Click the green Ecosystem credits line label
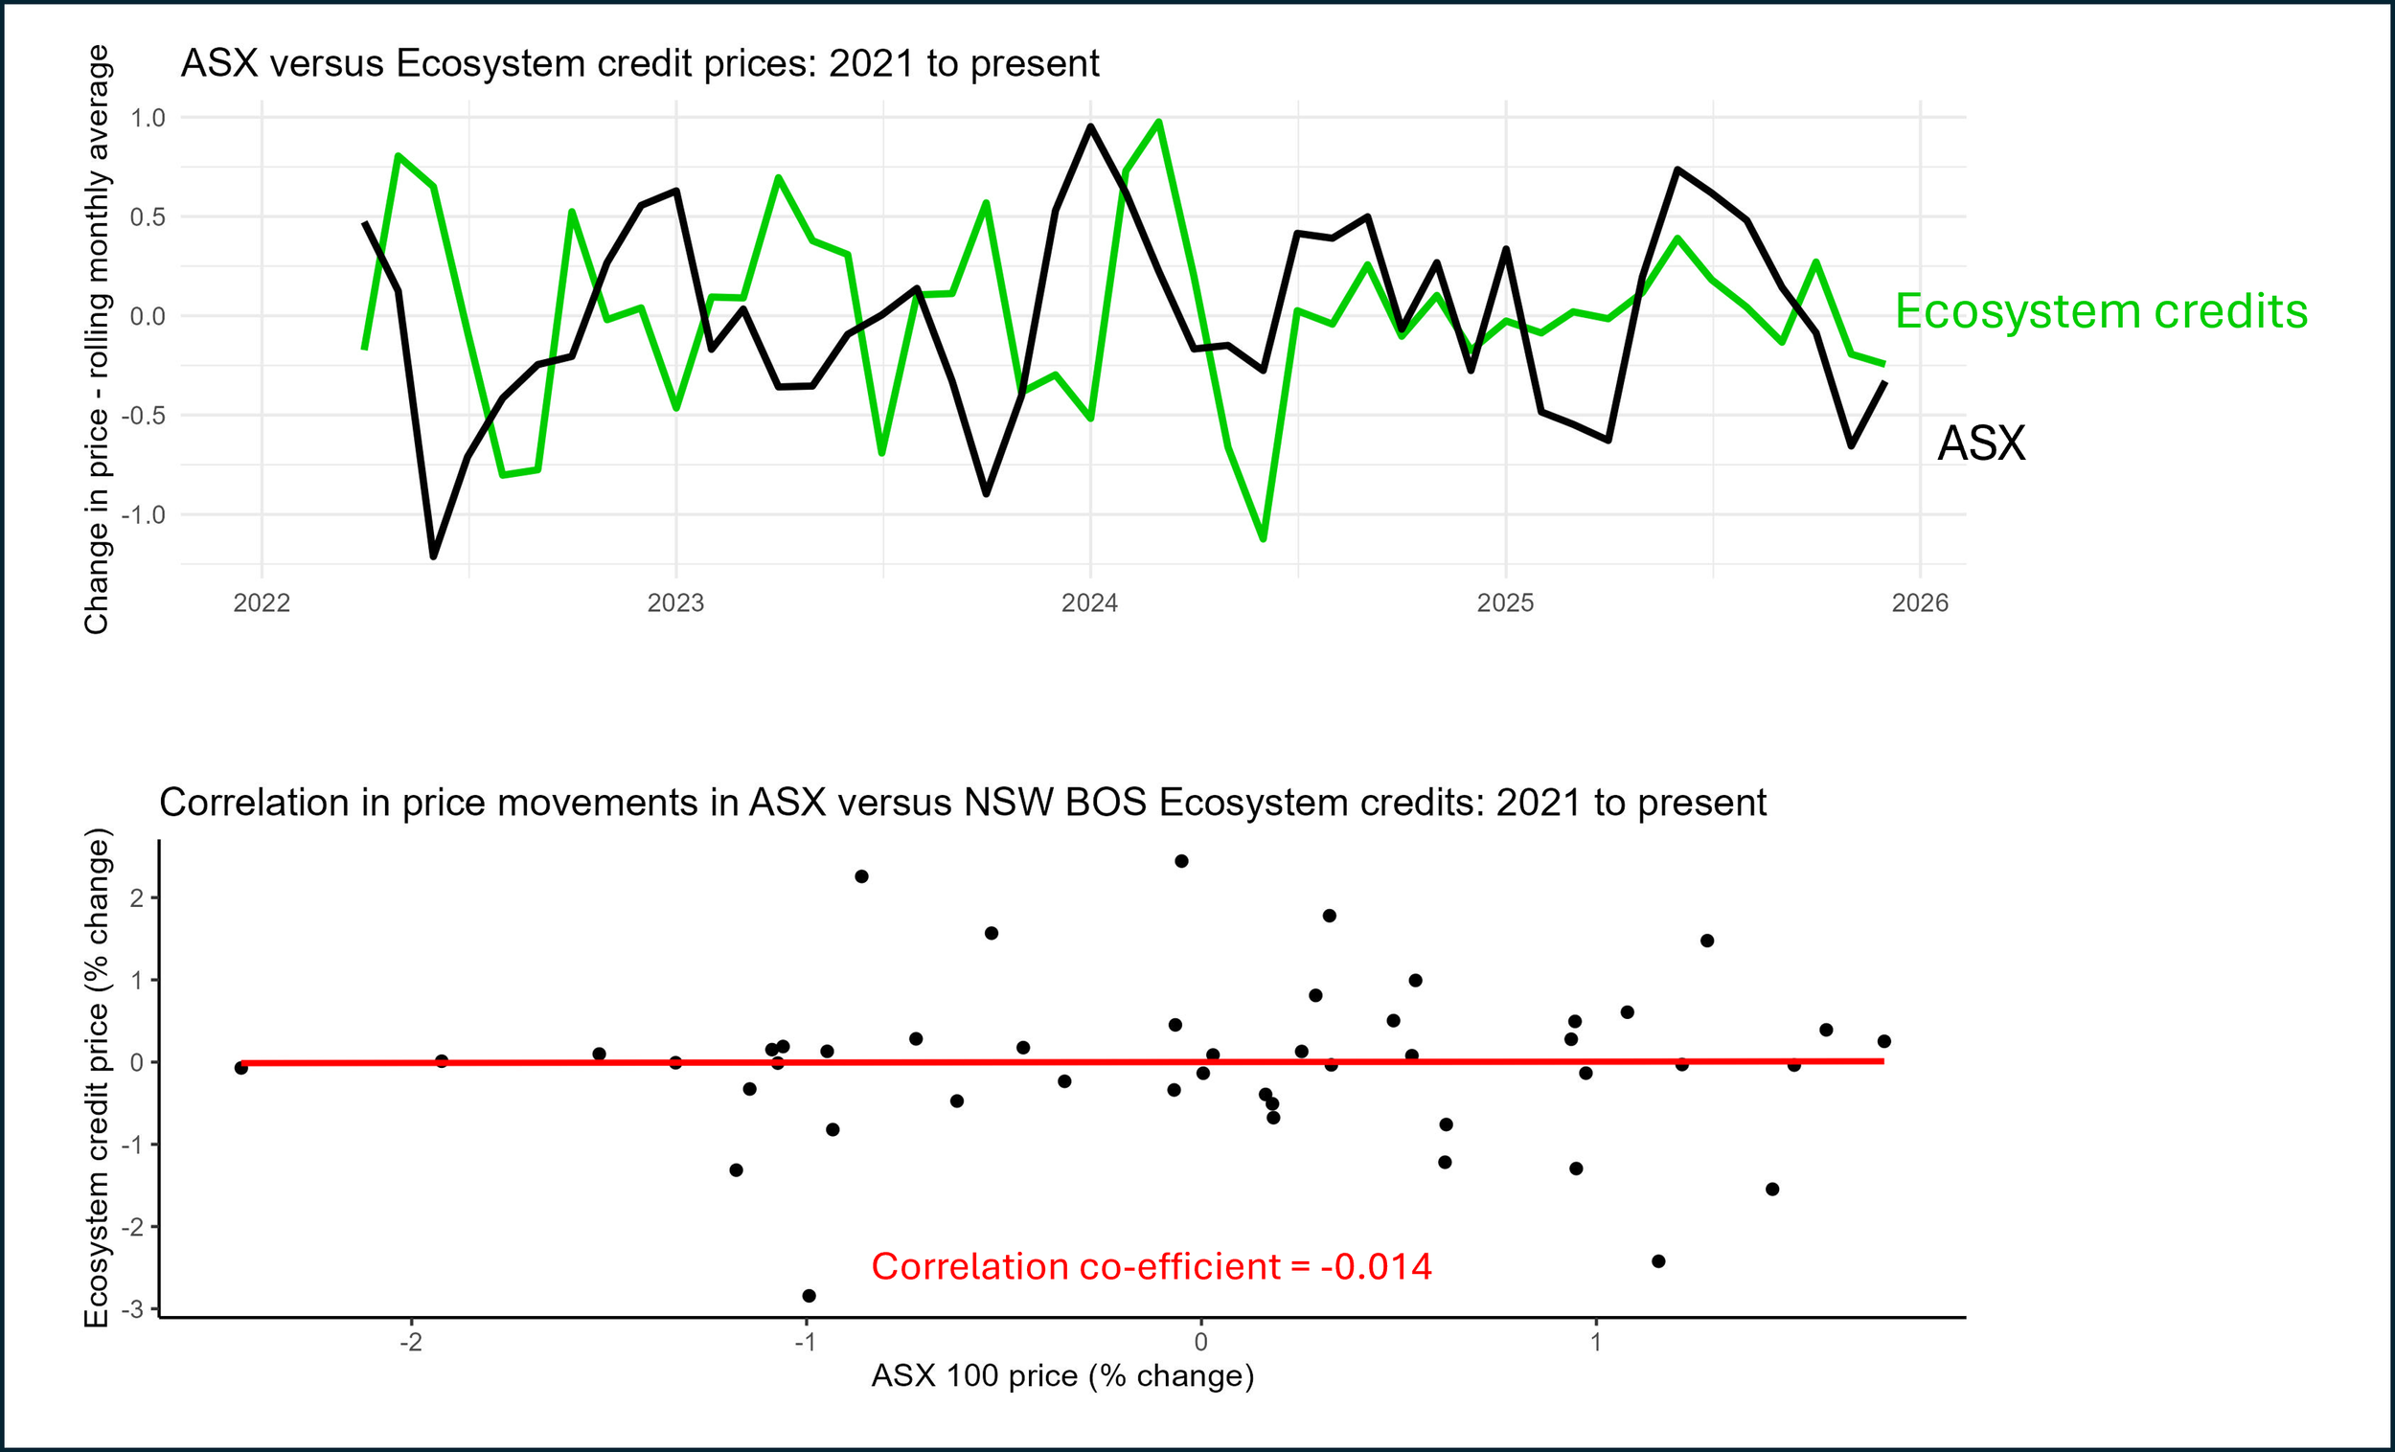pyautogui.click(x=2101, y=312)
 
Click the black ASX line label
pyautogui.click(x=1981, y=444)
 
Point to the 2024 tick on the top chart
pyautogui.click(x=1089, y=602)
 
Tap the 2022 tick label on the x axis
pyautogui.click(x=262, y=602)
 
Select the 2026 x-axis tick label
pyautogui.click(x=1920, y=602)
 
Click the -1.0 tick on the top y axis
pyautogui.click(x=144, y=514)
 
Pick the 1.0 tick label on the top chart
pyautogui.click(x=148, y=118)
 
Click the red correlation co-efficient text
pyautogui.click(x=1151, y=1266)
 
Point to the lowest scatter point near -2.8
pyautogui.click(x=809, y=1296)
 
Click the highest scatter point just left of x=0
pyautogui.click(x=1181, y=861)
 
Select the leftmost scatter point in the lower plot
pyautogui.click(x=241, y=1067)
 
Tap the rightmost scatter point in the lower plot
pyautogui.click(x=1883, y=1041)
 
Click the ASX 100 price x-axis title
pyautogui.click(x=1062, y=1375)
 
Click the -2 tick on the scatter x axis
pyautogui.click(x=411, y=1342)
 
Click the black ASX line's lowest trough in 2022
pyautogui.click(x=434, y=556)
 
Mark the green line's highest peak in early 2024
pyautogui.click(x=1158, y=123)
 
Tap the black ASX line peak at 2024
pyautogui.click(x=1090, y=126)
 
